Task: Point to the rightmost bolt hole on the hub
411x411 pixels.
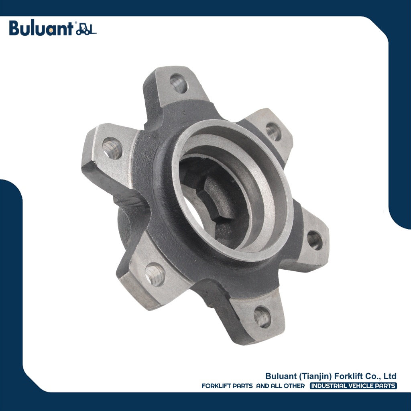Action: pos(315,240)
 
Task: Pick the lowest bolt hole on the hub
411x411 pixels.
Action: pos(262,316)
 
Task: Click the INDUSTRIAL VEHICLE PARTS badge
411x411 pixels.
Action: pos(353,386)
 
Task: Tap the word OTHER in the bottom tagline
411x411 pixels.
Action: pos(293,386)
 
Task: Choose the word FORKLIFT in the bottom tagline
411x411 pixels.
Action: pos(217,386)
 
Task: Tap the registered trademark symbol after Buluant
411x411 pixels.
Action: pos(75,24)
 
